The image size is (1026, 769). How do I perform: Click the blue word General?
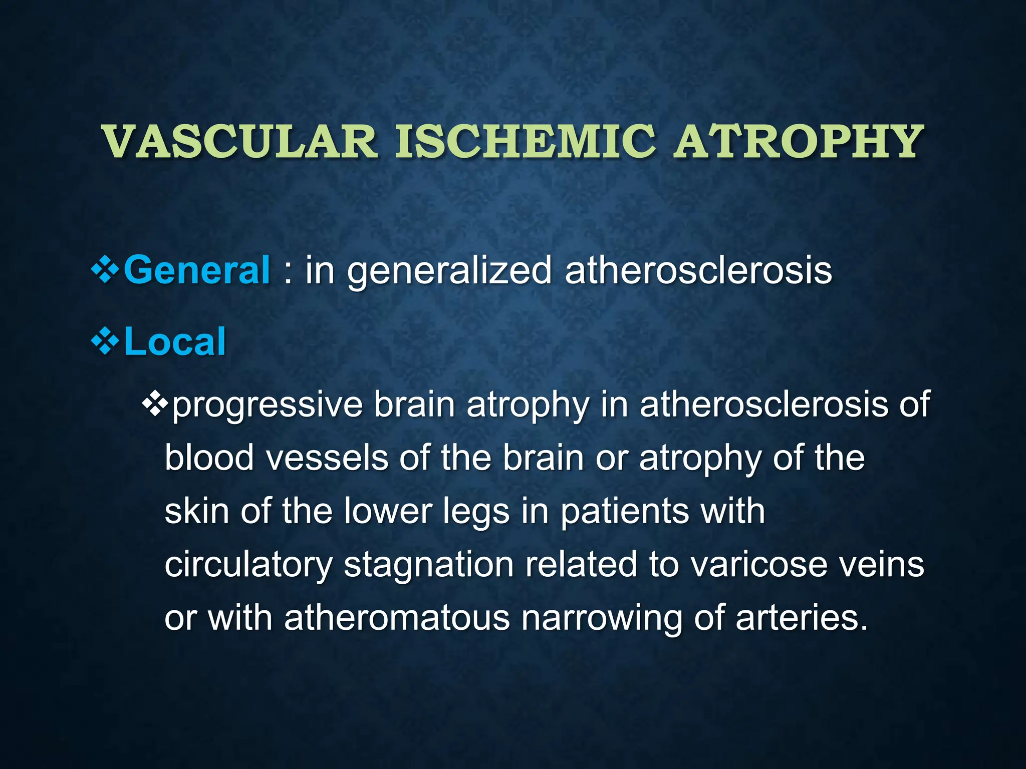[x=196, y=270]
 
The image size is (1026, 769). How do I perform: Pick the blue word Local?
[x=174, y=341]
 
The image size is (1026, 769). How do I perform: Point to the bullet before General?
[x=105, y=270]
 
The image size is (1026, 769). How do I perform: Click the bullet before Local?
[x=105, y=342]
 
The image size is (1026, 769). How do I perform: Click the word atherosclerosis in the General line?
[x=698, y=270]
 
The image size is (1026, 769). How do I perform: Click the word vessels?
[x=327, y=458]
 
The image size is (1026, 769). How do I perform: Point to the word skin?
[x=197, y=511]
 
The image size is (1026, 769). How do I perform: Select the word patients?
[x=624, y=512]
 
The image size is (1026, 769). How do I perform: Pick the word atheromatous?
[x=397, y=618]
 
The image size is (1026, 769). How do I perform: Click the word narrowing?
[x=602, y=619]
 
